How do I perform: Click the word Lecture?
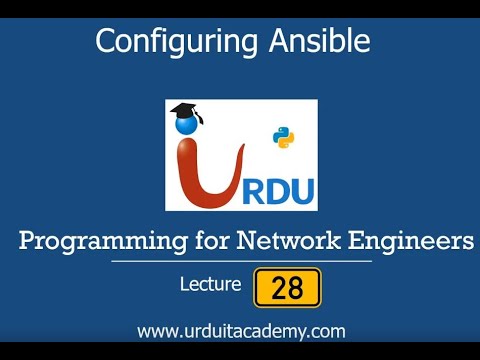click(210, 285)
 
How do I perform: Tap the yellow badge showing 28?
click(288, 287)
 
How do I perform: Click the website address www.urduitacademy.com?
click(241, 330)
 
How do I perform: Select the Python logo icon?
click(284, 138)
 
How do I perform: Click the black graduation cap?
click(185, 112)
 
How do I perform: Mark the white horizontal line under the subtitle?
click(241, 261)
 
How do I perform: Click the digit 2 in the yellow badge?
click(279, 288)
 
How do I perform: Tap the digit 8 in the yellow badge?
click(296, 288)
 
